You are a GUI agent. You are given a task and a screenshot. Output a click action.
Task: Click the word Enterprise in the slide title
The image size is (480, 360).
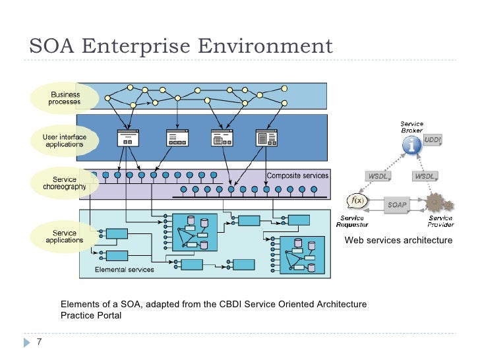point(141,47)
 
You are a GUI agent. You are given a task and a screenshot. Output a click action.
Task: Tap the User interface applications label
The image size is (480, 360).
point(64,140)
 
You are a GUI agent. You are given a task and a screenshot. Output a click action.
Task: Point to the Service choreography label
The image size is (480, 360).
point(65,183)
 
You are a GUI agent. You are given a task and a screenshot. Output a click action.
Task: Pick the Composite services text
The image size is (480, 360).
point(296,175)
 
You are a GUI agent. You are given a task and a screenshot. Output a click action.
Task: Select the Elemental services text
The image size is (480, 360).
point(125,270)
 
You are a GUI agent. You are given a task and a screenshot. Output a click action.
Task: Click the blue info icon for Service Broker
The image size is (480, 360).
point(412,146)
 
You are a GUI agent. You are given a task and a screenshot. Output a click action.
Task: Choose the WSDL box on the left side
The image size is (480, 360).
point(378,176)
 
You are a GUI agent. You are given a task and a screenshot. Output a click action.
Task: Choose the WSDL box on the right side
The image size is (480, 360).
point(425,176)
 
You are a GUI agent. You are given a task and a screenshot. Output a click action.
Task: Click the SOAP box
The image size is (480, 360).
point(398,204)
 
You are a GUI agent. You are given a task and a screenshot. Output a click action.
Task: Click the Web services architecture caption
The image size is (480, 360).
point(398,241)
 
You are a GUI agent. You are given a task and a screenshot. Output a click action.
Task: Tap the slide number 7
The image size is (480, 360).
point(39,342)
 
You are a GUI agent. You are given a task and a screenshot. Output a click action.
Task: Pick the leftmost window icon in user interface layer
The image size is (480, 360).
point(128,138)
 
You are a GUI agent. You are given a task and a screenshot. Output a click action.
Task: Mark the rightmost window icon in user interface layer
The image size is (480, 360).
point(267,138)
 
